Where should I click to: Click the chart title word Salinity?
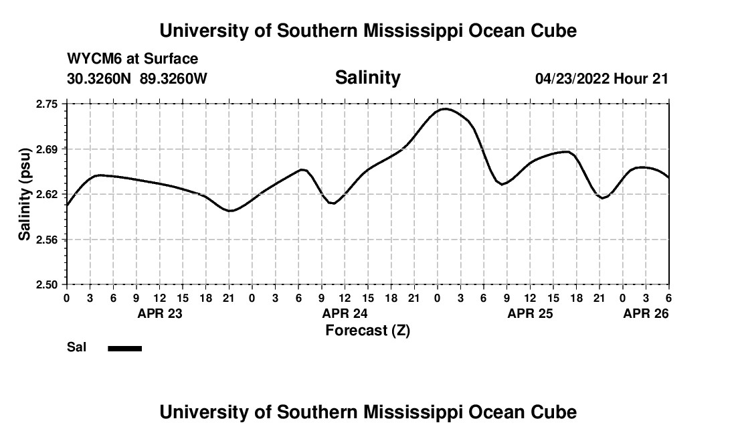[367, 78]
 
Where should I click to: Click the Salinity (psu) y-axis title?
[25, 194]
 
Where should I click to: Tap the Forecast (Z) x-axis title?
[367, 331]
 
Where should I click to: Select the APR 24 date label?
[345, 313]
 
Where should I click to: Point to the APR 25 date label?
[530, 313]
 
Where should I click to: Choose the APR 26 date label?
[646, 313]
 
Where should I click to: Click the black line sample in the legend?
[124, 348]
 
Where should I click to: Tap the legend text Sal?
[76, 347]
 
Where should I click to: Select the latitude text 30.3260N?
[100, 78]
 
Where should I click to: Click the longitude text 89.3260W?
[173, 78]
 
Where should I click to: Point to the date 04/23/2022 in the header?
[572, 78]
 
